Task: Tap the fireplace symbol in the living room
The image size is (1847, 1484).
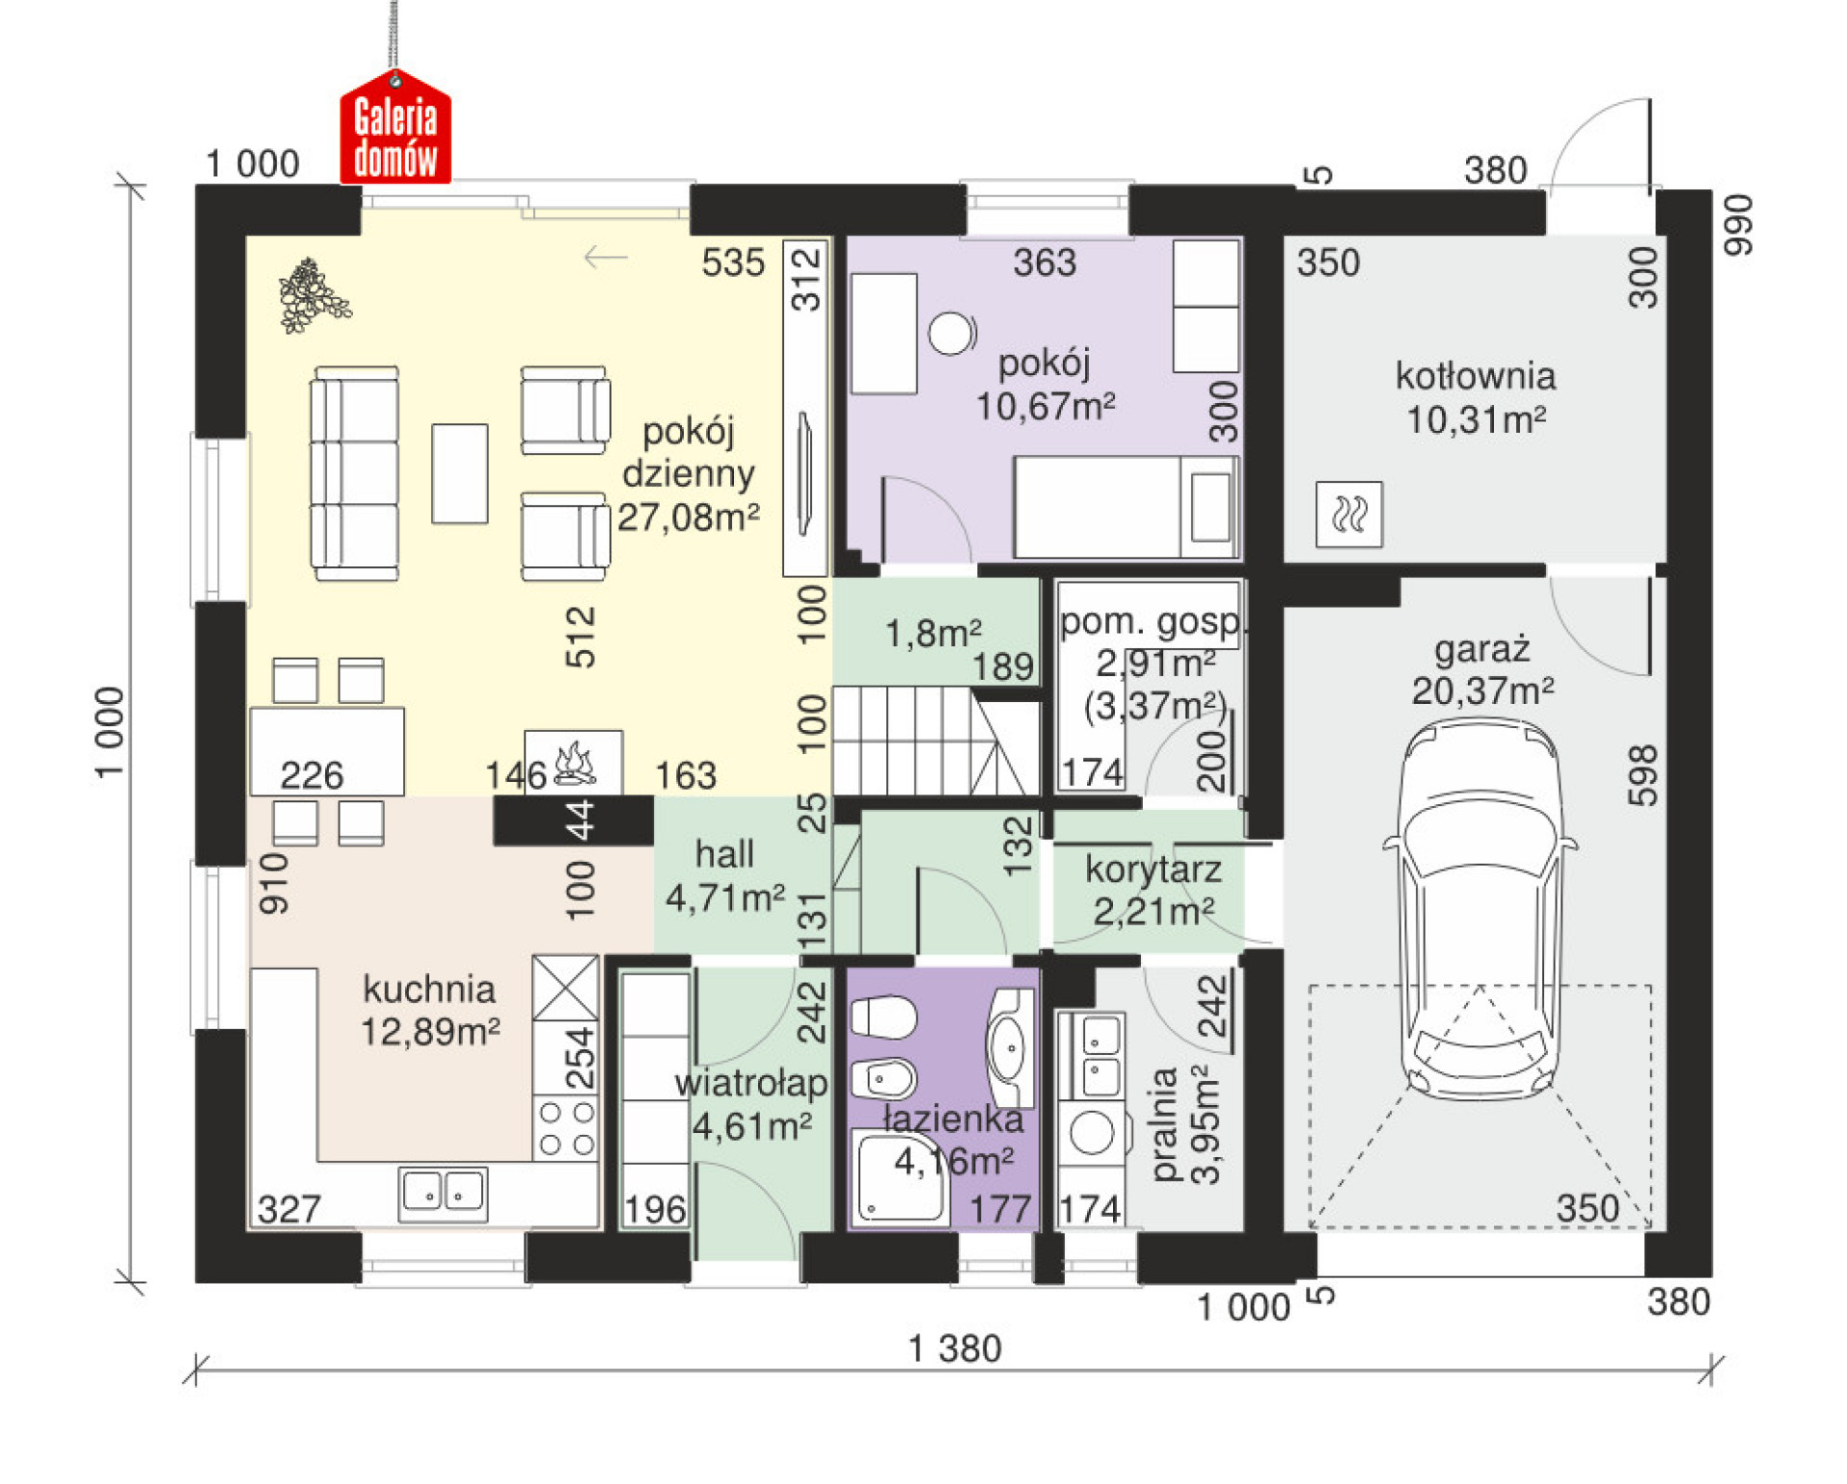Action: [574, 762]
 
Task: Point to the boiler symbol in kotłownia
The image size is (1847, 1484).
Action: [1349, 515]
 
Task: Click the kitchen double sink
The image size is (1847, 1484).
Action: [443, 1194]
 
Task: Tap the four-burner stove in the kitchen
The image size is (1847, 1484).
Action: [567, 1128]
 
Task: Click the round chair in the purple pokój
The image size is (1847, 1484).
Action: [952, 334]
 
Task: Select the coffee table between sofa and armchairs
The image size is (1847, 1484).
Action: [459, 473]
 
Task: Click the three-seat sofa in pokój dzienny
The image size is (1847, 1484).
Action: [354, 473]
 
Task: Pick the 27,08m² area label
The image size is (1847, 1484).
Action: [688, 517]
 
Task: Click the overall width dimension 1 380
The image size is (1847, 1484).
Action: [954, 1348]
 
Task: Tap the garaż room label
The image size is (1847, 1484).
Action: [1481, 649]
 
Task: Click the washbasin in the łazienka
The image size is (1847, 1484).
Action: [1010, 1046]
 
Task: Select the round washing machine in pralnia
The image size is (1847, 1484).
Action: [1092, 1132]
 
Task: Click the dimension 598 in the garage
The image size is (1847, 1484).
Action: [1643, 775]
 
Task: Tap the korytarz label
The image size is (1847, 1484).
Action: [1153, 869]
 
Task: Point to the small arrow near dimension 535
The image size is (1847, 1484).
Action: [605, 258]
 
